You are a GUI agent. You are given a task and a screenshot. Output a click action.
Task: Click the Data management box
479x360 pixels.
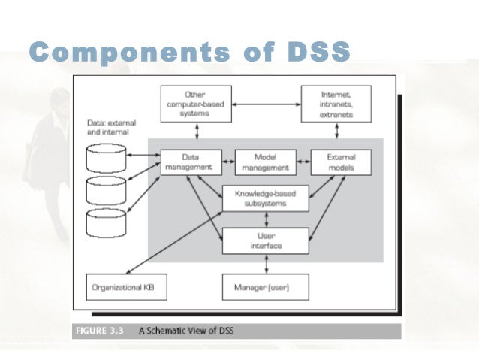[192, 162]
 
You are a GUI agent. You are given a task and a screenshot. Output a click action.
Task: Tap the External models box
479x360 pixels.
[342, 162]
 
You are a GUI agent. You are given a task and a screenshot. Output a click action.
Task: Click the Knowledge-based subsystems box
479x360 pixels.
[266, 198]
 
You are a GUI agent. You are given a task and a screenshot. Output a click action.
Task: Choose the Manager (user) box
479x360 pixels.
[266, 286]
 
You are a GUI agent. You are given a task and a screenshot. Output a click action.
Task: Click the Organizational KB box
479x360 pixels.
[126, 286]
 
